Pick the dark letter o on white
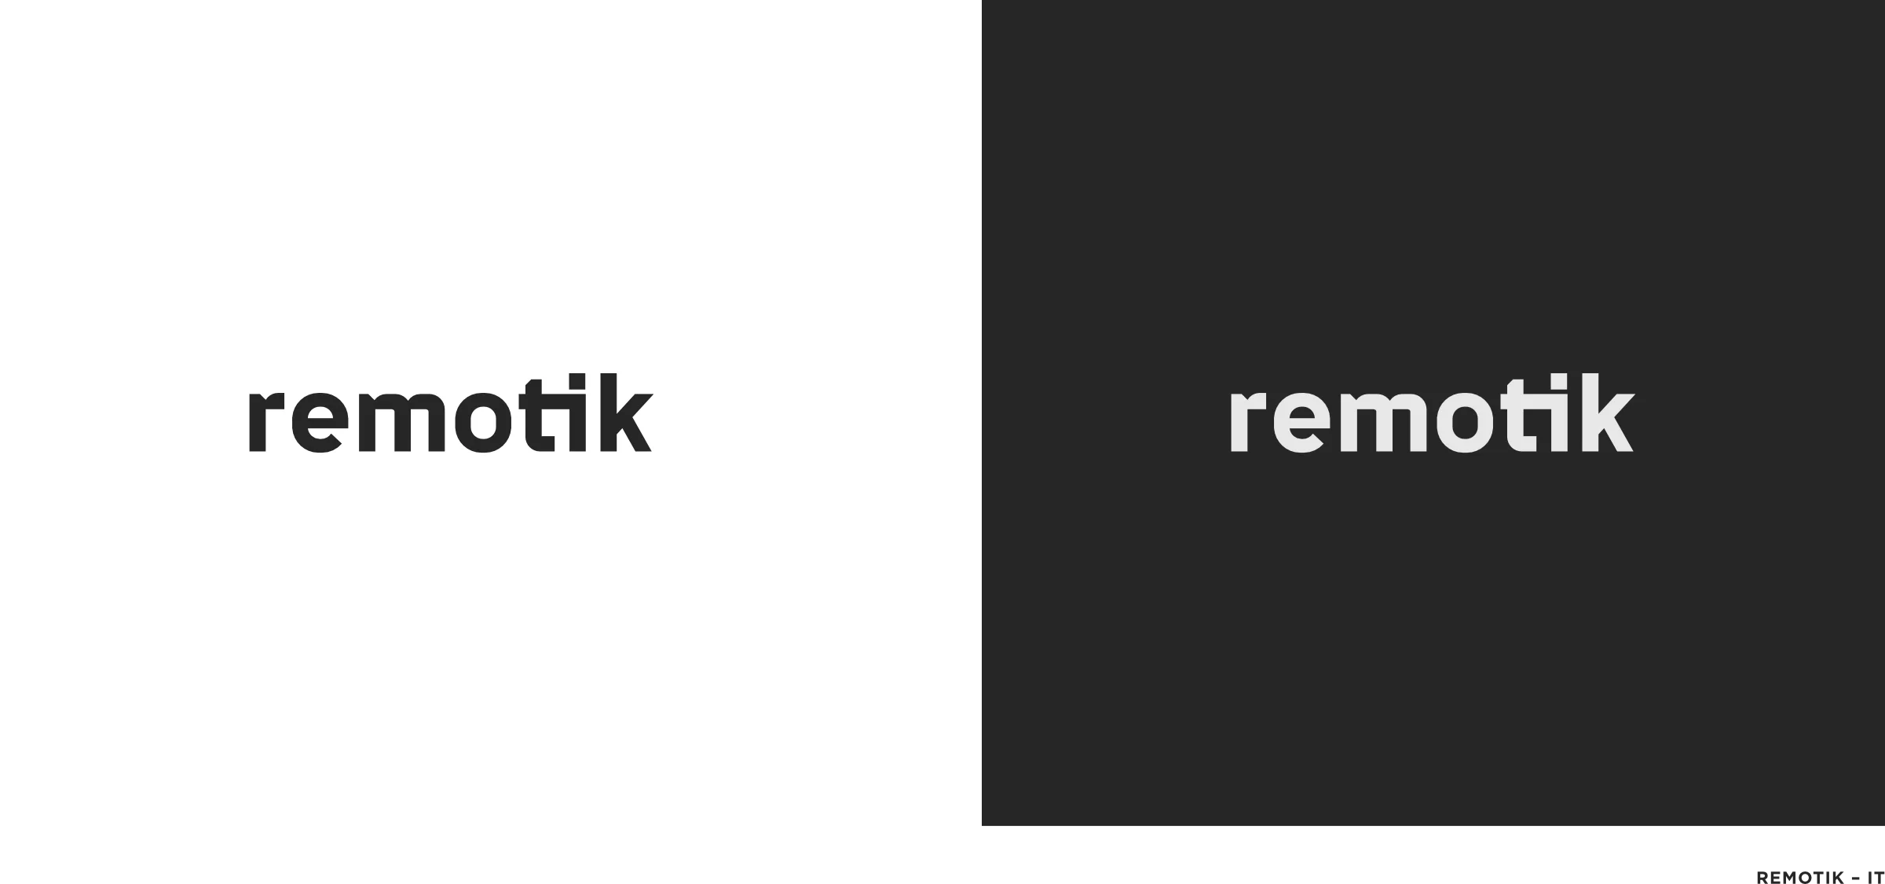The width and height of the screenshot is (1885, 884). pos(459,424)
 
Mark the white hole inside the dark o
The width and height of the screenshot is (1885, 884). pos(483,422)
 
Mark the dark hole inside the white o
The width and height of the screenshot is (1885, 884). pos(1464,422)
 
